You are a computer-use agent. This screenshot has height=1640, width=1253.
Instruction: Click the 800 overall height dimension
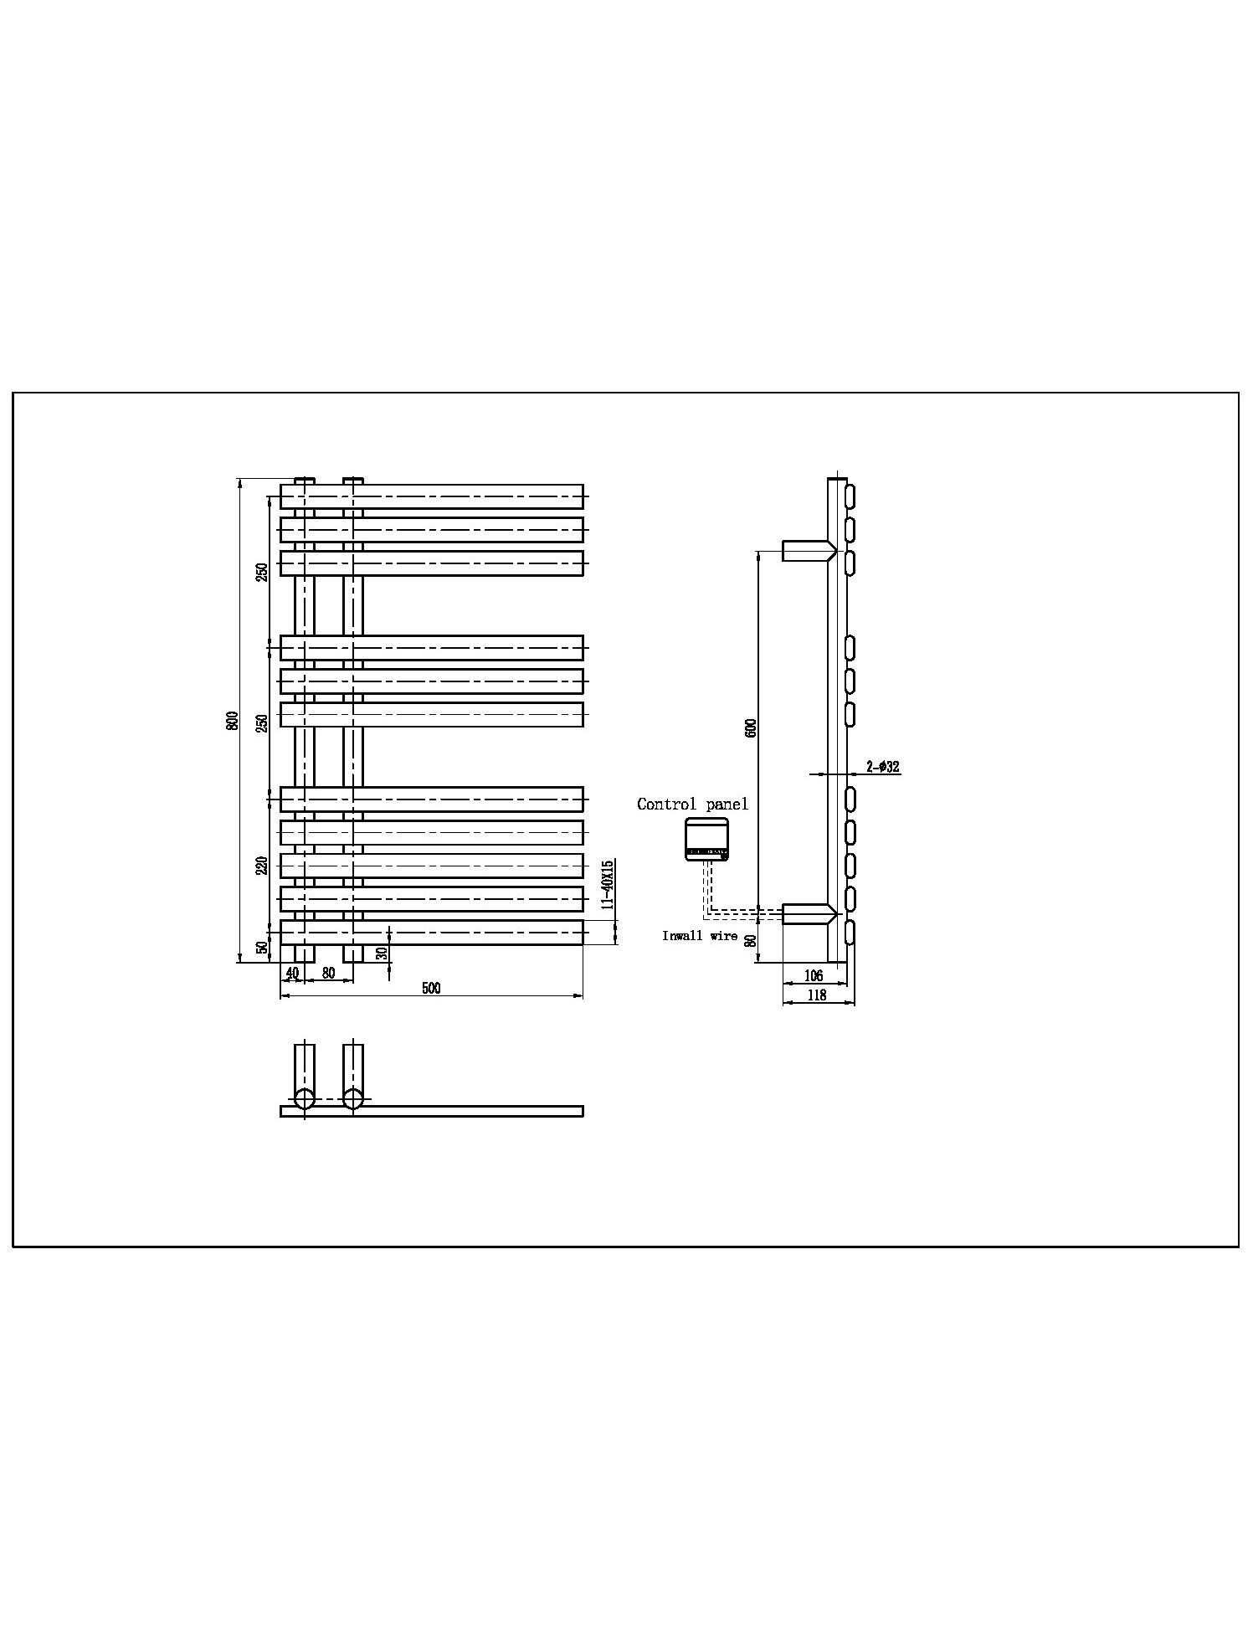click(x=234, y=720)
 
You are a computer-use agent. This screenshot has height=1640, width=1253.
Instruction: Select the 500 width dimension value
click(x=431, y=988)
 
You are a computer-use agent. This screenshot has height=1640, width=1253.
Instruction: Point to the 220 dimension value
click(x=262, y=866)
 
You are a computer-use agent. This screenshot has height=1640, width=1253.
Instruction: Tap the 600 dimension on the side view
click(x=751, y=727)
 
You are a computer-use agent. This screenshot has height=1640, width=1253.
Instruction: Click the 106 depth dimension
click(x=813, y=975)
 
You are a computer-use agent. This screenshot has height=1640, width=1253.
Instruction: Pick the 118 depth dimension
click(x=816, y=995)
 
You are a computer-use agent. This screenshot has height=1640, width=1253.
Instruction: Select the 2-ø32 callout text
click(x=883, y=766)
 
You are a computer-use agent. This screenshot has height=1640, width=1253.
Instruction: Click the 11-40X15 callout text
click(x=609, y=884)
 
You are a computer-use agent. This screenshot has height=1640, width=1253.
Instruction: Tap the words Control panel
click(x=693, y=805)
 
